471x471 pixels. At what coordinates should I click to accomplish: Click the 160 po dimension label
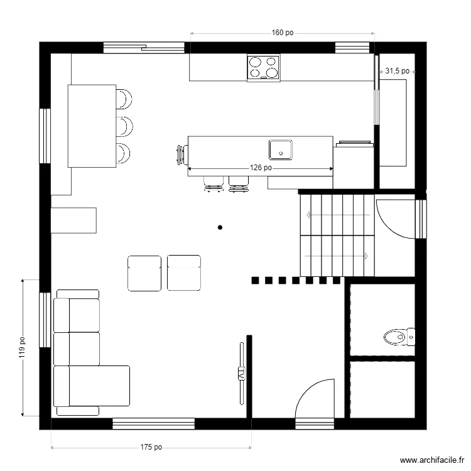(283, 33)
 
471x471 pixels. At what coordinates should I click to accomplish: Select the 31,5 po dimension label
(397, 72)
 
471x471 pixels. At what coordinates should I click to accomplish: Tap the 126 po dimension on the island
(261, 168)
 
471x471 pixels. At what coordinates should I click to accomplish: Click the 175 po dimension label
(151, 448)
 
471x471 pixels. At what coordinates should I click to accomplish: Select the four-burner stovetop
(264, 68)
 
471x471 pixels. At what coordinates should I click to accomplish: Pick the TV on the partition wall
(241, 373)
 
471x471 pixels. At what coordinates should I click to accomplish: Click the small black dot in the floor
(219, 227)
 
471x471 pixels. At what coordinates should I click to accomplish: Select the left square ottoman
(144, 273)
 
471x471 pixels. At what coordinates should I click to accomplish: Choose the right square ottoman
(184, 273)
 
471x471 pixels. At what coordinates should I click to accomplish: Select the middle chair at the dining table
(124, 126)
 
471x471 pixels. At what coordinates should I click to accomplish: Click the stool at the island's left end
(181, 154)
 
